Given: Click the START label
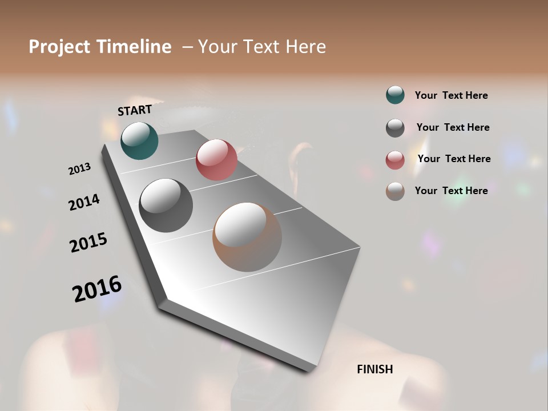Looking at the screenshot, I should click(135, 110).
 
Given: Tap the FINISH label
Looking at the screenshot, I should click(374, 369).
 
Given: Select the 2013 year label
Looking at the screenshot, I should click(80, 169).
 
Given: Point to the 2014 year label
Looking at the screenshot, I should click(84, 202).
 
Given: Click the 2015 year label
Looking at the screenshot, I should click(88, 242).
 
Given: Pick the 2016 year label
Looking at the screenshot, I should click(97, 288).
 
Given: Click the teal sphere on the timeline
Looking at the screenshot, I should click(139, 140).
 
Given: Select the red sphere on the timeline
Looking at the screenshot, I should click(216, 160).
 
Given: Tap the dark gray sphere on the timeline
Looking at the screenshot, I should click(166, 205).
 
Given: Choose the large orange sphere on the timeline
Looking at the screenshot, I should click(247, 237).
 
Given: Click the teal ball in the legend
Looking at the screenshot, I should click(395, 95).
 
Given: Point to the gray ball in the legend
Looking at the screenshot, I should click(395, 127).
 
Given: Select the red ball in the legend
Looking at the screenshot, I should click(395, 159).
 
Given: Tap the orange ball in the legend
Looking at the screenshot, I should click(395, 191).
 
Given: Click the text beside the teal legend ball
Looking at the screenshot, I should click(451, 95).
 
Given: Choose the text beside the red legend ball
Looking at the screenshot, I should click(454, 159).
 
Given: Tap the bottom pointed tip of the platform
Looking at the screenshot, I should click(309, 370).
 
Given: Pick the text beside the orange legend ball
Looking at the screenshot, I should click(451, 191).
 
